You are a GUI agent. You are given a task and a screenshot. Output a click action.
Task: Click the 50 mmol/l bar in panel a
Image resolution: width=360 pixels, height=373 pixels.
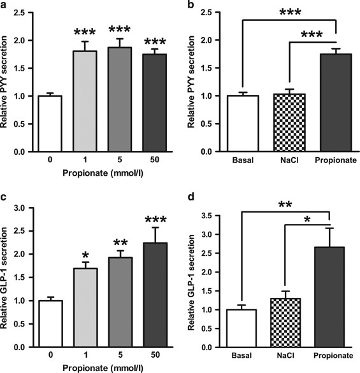[155, 102]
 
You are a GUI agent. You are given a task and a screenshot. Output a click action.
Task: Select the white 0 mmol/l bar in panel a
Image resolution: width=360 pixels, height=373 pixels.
[50, 123]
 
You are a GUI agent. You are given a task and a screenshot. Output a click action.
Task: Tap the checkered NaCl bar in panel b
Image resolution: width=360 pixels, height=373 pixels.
[289, 122]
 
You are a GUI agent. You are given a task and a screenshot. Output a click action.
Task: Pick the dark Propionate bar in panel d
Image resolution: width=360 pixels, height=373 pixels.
[329, 297]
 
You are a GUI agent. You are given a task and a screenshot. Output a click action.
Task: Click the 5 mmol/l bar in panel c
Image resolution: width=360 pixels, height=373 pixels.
[120, 302]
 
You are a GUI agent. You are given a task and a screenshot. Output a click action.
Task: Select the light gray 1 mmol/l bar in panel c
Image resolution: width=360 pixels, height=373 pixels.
[86, 307]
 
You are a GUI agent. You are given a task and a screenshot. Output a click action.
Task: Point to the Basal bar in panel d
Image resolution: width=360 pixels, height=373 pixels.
[241, 328]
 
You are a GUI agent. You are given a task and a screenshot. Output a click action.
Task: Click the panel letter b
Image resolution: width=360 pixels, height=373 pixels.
[191, 4]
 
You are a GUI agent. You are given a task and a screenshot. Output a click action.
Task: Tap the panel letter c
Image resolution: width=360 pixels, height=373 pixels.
[3, 198]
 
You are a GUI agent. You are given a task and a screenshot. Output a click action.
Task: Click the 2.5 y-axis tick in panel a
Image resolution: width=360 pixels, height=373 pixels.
[20, 12]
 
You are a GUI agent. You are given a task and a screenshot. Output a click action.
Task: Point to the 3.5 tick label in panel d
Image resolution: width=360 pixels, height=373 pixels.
[207, 216]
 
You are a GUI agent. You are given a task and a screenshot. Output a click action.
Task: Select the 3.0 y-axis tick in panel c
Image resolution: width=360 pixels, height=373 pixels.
[20, 208]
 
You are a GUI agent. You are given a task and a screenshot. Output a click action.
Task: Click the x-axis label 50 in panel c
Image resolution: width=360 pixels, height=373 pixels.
[155, 355]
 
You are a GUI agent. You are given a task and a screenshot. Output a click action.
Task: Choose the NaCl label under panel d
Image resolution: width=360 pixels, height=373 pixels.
[285, 355]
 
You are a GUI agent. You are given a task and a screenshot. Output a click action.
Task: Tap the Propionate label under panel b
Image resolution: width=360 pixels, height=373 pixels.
[336, 160]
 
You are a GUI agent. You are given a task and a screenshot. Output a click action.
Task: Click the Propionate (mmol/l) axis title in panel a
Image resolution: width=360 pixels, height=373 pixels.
[103, 173]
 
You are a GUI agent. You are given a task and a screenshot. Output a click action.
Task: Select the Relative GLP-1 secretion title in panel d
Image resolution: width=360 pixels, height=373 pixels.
[191, 282]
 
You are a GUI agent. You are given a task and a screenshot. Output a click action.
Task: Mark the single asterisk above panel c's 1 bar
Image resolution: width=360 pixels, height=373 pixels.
[85, 256]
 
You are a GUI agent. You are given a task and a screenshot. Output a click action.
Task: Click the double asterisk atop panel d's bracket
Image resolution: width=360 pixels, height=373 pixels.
[285, 204]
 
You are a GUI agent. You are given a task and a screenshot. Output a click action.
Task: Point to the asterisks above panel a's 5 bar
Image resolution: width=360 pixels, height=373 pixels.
[120, 29]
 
